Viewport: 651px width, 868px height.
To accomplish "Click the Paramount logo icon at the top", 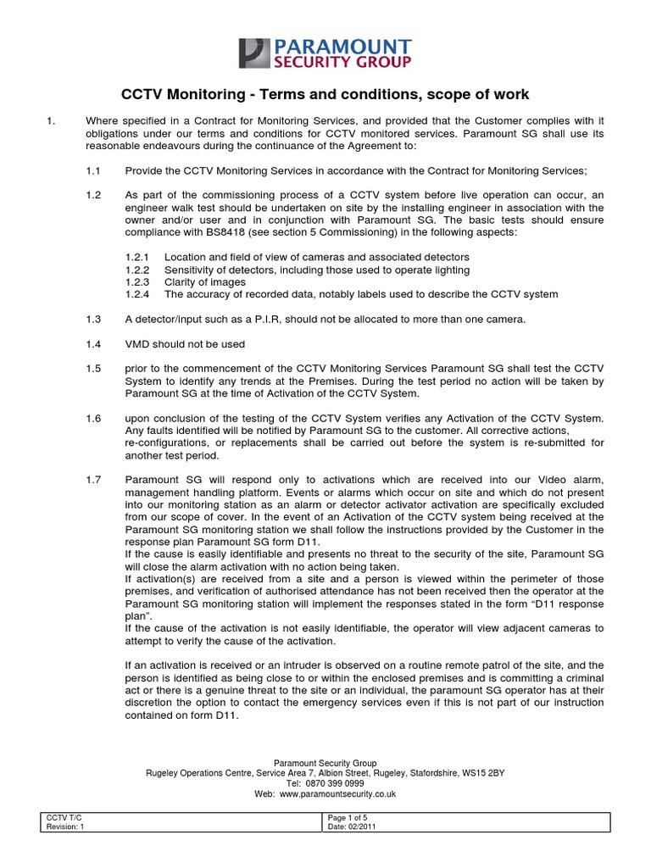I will (253, 53).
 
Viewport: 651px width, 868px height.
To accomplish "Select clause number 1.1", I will (93, 170).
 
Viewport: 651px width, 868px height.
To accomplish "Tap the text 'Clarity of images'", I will (205, 282).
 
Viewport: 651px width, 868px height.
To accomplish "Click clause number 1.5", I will (93, 370).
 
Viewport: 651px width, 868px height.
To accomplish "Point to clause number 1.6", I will (93, 419).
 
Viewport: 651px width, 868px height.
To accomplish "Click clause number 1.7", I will (93, 480).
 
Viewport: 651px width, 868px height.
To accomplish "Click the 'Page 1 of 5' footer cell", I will (348, 816).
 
